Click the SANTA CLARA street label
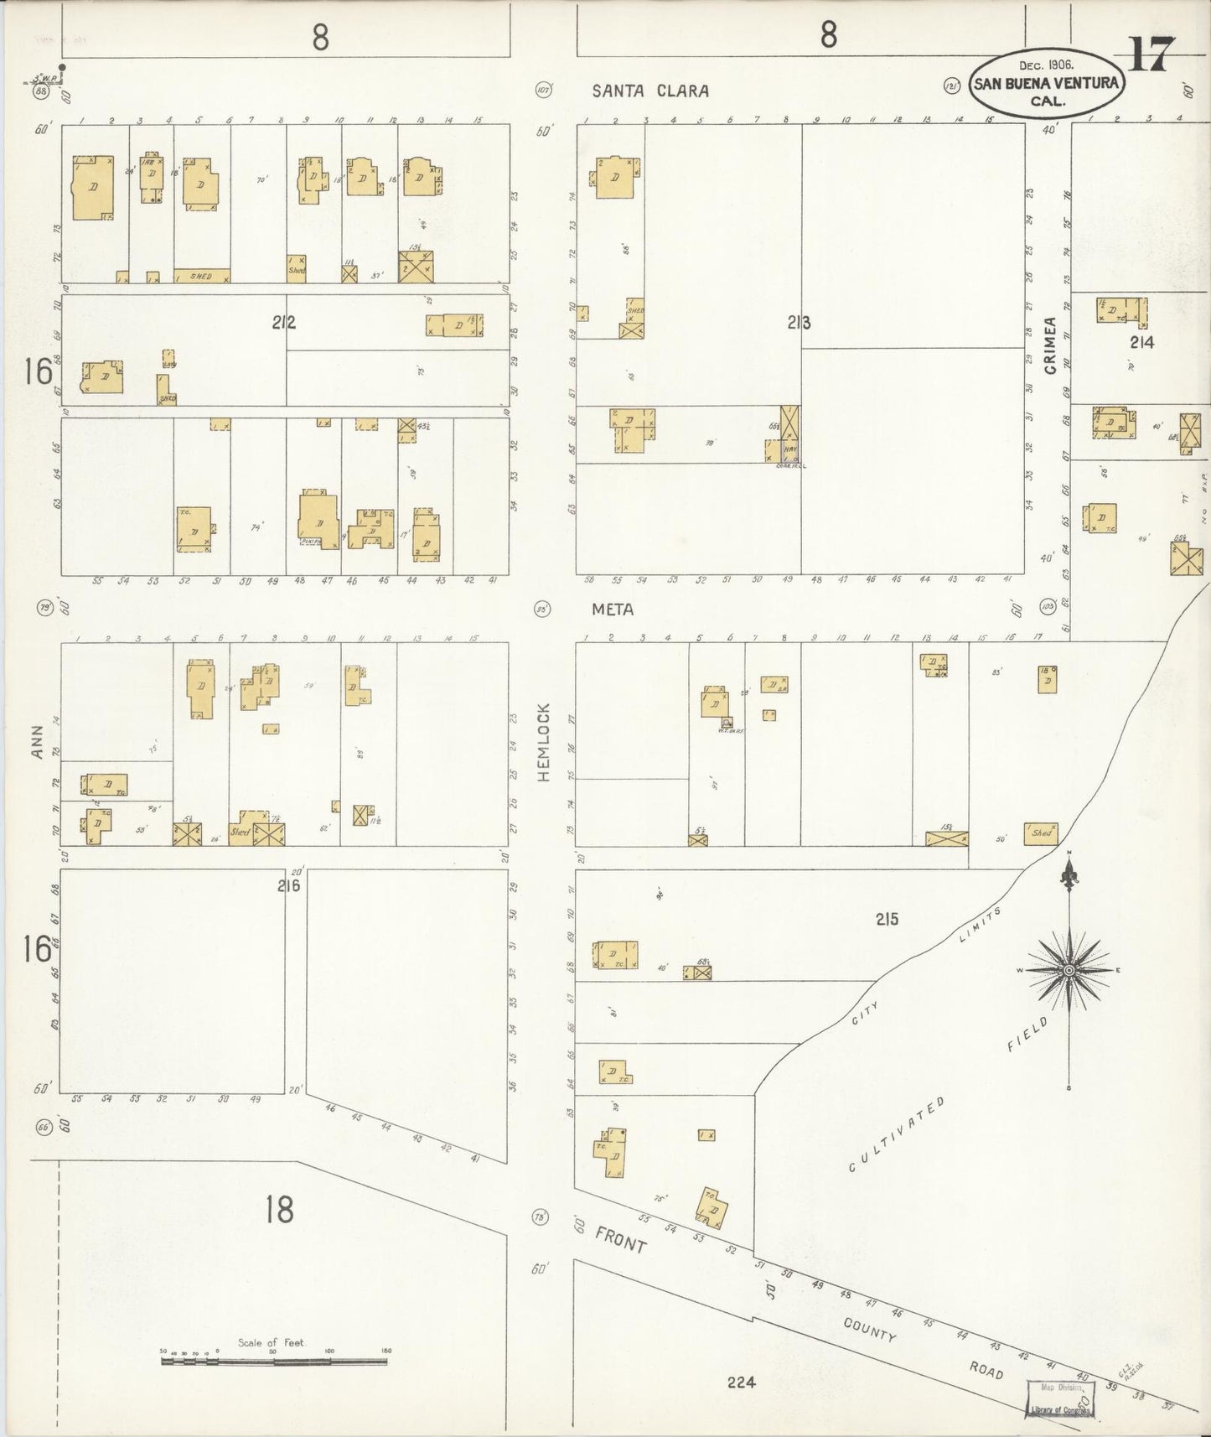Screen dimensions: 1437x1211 pos(650,91)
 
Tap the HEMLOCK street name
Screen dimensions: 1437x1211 pos(543,743)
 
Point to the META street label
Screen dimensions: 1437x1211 pos(613,610)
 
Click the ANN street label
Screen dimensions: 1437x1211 pos(37,747)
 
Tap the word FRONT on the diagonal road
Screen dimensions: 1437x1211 pos(620,1239)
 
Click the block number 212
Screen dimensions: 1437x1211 pos(283,322)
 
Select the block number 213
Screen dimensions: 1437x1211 pos(798,322)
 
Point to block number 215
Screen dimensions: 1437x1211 pos(887,919)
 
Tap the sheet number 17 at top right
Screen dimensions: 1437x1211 pos(1152,54)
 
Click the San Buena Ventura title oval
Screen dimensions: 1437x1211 pos(1046,83)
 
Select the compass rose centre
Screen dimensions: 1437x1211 pos(1069,971)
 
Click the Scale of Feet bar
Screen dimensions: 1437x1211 pos(274,1362)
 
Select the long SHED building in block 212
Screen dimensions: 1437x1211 pos(202,276)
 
